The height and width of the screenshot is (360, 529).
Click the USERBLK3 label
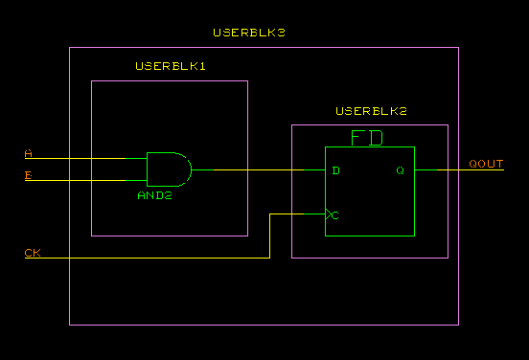point(249,33)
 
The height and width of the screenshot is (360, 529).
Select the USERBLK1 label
point(171,66)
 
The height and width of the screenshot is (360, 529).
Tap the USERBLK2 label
point(371,112)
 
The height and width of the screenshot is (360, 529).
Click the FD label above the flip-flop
point(367,138)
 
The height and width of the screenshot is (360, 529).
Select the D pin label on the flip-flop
point(335,170)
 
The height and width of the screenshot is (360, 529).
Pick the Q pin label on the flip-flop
point(401,170)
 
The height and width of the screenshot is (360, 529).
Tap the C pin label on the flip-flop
point(335,214)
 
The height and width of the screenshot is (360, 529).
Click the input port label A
point(28,153)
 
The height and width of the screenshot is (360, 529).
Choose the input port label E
point(28,175)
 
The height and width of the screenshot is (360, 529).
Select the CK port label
point(33,254)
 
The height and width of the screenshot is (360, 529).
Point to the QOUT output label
point(486,164)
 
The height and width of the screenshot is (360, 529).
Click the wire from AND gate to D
point(259,169)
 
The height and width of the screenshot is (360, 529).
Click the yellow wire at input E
point(86,180)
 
